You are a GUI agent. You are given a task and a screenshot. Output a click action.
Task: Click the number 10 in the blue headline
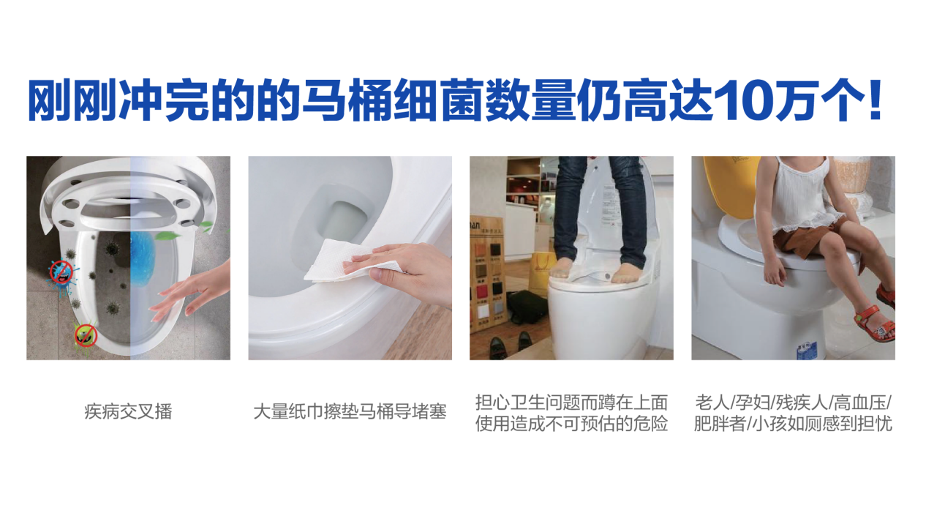coord(743,100)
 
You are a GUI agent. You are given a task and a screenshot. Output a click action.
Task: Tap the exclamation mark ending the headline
coord(875,100)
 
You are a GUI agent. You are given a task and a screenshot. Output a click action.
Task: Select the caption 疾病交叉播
coord(128,412)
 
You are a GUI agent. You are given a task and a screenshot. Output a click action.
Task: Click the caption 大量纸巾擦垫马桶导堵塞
coord(350,412)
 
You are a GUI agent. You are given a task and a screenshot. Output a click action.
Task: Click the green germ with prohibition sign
coord(86,335)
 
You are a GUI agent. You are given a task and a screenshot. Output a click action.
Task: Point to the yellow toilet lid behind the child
coord(730,186)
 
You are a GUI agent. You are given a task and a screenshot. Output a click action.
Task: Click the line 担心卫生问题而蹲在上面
coord(571,403)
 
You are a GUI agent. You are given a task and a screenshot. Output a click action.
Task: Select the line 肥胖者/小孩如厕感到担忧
coord(793,424)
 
